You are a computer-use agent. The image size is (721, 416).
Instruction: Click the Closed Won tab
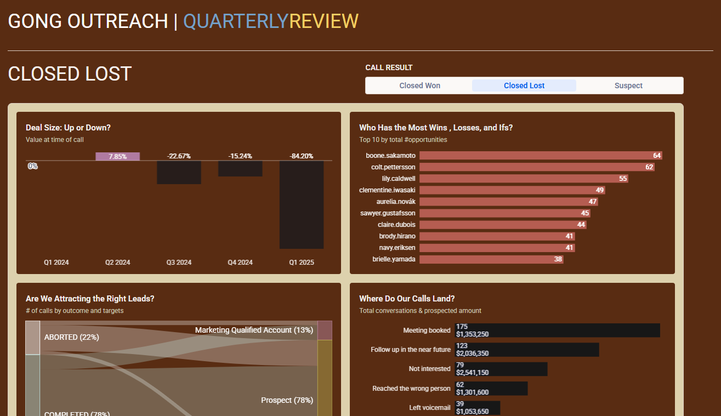pyautogui.click(x=419, y=86)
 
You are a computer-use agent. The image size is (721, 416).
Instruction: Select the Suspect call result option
pyautogui.click(x=628, y=86)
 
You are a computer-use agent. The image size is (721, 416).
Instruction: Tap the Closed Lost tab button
pyautogui.click(x=524, y=86)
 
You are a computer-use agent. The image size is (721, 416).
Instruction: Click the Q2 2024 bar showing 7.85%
pyautogui.click(x=117, y=156)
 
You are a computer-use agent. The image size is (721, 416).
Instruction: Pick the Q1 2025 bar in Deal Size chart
pyautogui.click(x=301, y=204)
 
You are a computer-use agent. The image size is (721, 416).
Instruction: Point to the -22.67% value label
pyautogui.click(x=179, y=156)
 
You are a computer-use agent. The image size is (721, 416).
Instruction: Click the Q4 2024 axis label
pyautogui.click(x=240, y=263)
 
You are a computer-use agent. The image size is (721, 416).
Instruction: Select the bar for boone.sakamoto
pyautogui.click(x=541, y=156)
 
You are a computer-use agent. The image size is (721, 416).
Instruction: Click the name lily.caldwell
pyautogui.click(x=399, y=179)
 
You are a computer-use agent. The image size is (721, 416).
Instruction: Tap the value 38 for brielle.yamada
pyautogui.click(x=558, y=259)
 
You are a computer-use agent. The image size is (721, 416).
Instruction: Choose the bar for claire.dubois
pyautogui.click(x=503, y=225)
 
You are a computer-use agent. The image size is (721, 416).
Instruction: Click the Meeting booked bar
pyautogui.click(x=557, y=330)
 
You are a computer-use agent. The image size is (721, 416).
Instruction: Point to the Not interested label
pyautogui.click(x=429, y=369)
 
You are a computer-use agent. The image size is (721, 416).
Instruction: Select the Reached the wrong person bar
pyautogui.click(x=491, y=389)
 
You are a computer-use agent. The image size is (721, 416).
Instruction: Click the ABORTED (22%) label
pyautogui.click(x=71, y=337)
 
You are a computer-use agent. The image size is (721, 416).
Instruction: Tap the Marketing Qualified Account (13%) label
pyautogui.click(x=254, y=330)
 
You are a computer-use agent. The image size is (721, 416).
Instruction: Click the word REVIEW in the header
pyautogui.click(x=323, y=21)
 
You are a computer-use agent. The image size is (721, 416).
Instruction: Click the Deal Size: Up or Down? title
pyautogui.click(x=68, y=128)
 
